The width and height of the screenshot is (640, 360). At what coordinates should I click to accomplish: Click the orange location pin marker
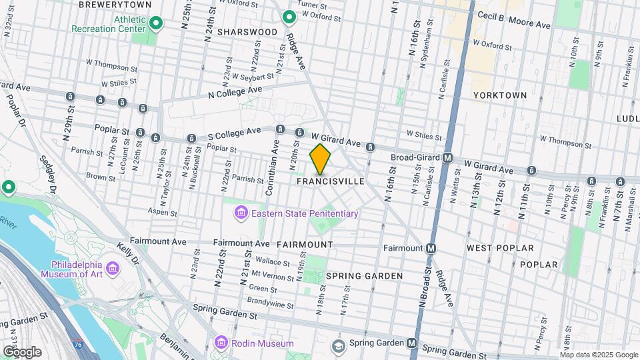pos(321,159)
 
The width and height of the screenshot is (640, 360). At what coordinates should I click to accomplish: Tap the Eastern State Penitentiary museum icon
pos(240,213)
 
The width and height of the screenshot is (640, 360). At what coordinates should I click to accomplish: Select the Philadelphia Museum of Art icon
pos(113,268)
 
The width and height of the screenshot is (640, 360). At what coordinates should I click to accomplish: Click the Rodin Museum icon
pos(221,343)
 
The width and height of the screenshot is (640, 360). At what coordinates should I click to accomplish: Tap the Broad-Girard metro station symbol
pos(448,158)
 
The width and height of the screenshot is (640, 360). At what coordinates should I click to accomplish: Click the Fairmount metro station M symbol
pos(431,248)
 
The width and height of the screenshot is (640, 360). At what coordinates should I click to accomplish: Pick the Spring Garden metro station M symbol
pos(412,344)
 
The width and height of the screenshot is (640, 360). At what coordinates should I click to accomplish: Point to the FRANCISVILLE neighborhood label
pos(331,181)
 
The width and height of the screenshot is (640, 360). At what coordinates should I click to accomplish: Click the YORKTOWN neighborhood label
pos(499,95)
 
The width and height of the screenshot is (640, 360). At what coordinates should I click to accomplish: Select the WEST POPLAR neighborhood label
pos(500,248)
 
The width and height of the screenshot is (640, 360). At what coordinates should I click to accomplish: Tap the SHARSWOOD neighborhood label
pos(247,32)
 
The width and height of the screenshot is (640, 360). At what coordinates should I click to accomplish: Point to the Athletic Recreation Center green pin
pos(155,24)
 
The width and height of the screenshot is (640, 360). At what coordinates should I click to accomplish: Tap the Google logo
pos(21,351)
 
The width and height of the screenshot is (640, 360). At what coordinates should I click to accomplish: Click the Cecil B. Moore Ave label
pos(513,19)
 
